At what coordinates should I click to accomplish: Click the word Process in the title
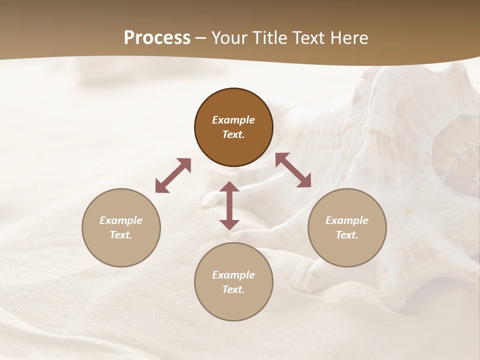[x=157, y=37]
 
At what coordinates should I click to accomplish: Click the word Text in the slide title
[x=309, y=37]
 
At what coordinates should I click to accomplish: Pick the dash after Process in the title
[x=200, y=38]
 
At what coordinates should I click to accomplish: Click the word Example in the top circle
[x=233, y=120]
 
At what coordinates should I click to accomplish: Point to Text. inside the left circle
[x=121, y=235]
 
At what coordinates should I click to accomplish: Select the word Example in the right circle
[x=347, y=220]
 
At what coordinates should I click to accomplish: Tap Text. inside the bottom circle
[x=233, y=289]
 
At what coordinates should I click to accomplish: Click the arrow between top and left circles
[x=173, y=175]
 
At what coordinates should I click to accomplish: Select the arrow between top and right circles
[x=293, y=170]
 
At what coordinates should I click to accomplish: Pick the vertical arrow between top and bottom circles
[x=229, y=205]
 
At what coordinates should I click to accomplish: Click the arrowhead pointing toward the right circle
[x=304, y=181]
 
